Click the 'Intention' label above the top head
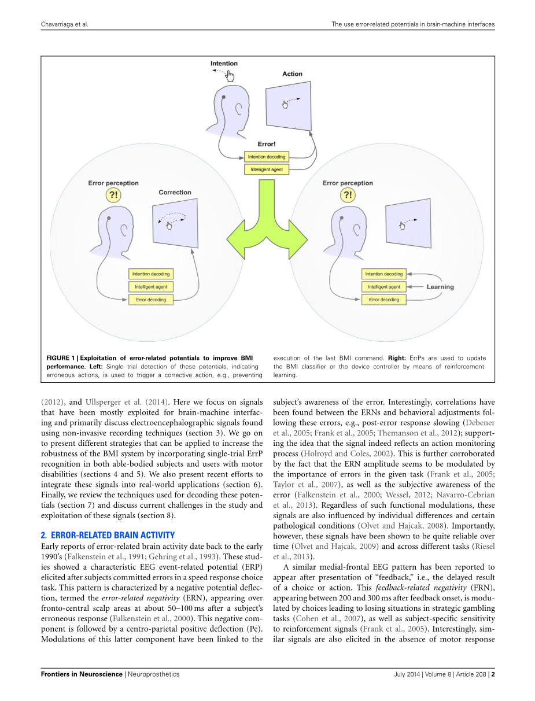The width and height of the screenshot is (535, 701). [x=224, y=64]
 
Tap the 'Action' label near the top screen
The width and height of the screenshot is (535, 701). [x=292, y=74]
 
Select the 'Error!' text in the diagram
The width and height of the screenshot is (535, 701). [x=266, y=144]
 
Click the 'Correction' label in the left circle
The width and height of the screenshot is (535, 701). [x=175, y=193]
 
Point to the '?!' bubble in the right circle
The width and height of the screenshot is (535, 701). [x=348, y=195]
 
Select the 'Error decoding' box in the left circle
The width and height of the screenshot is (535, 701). [x=151, y=300]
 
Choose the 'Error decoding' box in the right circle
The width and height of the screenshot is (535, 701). [x=384, y=300]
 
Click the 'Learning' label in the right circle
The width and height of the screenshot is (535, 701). [x=440, y=287]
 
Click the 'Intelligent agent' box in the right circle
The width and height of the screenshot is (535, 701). [x=384, y=287]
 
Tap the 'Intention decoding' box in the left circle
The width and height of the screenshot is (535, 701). [x=151, y=274]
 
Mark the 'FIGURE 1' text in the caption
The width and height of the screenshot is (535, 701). [x=63, y=358]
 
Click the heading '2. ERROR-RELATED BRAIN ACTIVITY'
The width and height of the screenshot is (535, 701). [x=108, y=535]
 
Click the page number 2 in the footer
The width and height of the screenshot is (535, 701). [x=493, y=674]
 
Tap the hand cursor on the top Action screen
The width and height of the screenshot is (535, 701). [x=285, y=104]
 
